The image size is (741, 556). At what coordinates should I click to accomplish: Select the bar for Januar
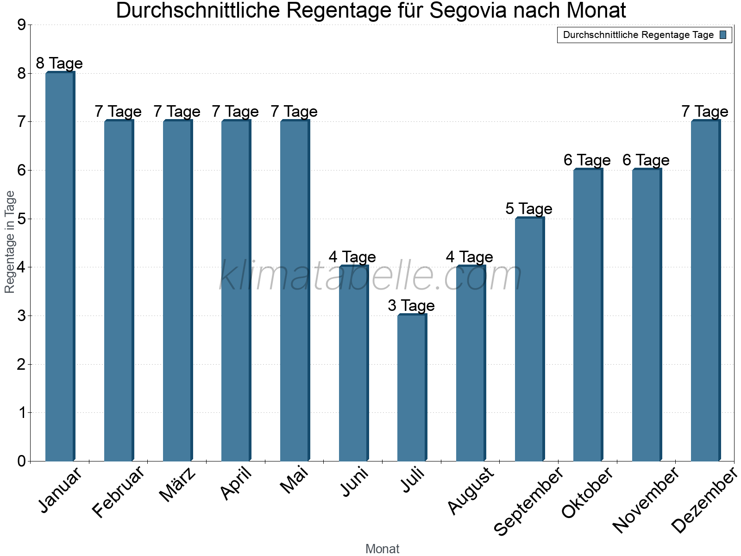60,266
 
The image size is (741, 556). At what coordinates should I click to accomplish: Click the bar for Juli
412,388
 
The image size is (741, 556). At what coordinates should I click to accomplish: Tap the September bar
529,339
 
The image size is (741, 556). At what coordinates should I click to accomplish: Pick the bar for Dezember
705,291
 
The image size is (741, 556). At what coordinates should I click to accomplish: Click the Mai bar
295,291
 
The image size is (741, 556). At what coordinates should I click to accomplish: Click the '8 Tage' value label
59,63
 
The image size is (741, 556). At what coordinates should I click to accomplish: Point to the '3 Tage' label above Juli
411,306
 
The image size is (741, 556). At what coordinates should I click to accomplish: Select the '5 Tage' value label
529,209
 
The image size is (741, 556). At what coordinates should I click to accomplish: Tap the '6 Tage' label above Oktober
587,160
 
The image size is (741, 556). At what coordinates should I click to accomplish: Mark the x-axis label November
646,500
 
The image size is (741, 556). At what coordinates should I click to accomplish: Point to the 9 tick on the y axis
21,25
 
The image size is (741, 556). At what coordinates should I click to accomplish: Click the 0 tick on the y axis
21,461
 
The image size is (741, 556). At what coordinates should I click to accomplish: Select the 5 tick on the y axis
21,219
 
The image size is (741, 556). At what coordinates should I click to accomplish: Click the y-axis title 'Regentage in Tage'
10,242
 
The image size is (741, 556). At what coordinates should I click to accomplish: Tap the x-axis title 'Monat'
382,549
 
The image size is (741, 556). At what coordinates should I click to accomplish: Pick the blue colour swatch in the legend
723,35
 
